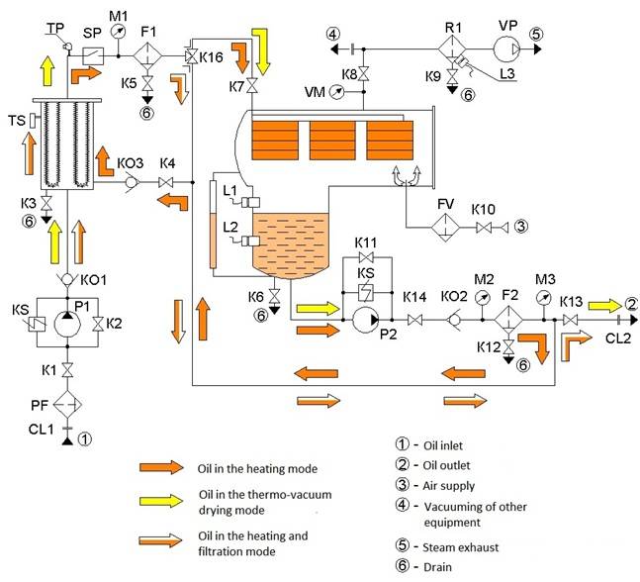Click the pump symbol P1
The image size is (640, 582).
point(67,324)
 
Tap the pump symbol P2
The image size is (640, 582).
point(366,320)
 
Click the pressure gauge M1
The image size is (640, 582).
point(119,32)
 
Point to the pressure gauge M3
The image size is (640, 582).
point(544,298)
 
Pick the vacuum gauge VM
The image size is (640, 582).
point(337,92)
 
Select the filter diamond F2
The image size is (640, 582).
point(508,320)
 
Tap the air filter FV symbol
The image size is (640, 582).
point(446,227)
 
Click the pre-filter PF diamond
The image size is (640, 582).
point(67,405)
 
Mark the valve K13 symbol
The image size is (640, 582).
point(570,320)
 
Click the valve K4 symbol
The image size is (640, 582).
point(166,182)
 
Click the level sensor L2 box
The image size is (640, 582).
point(250,242)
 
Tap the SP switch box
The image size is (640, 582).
point(93,56)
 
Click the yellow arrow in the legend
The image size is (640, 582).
point(161,501)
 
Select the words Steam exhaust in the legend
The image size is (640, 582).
point(460,547)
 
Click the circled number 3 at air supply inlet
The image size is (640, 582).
point(521,226)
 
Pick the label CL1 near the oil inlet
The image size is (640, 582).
point(42,430)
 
